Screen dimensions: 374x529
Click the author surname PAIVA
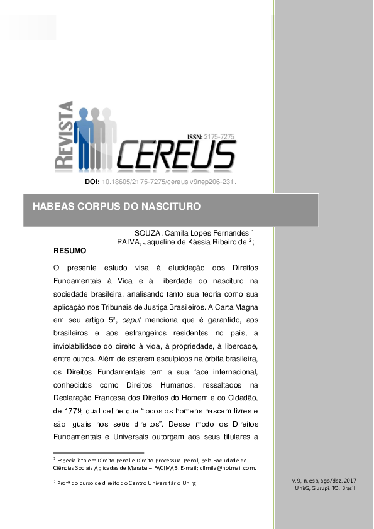click(x=131, y=241)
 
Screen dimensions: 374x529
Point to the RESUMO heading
click(x=70, y=250)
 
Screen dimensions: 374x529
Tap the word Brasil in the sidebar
click(x=345, y=488)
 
